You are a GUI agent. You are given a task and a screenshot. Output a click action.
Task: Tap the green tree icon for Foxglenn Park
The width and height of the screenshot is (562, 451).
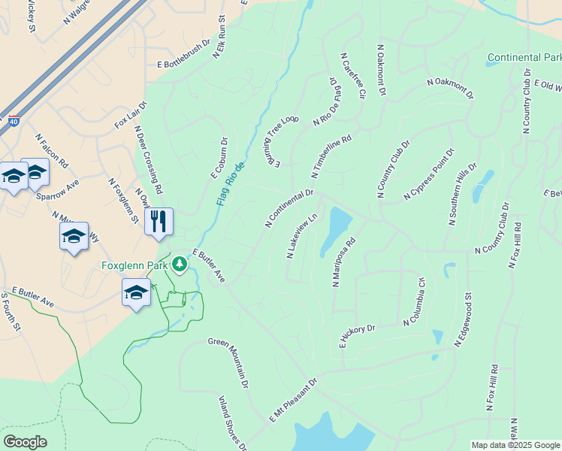pyautogui.click(x=180, y=264)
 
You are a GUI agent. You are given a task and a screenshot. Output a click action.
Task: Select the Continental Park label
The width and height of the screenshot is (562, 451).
pyautogui.click(x=524, y=57)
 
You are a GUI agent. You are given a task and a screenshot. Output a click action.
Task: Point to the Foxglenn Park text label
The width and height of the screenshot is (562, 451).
pyautogui.click(x=134, y=265)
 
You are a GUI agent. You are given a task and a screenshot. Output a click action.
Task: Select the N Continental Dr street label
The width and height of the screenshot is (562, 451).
pyautogui.click(x=289, y=208)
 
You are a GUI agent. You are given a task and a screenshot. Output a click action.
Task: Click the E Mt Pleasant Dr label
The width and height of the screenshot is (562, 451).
pyautogui.click(x=294, y=399)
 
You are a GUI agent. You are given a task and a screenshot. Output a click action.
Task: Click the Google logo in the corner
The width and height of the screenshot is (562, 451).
pyautogui.click(x=25, y=442)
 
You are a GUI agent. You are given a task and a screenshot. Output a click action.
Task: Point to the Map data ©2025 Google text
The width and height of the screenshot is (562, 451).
pyautogui.click(x=515, y=445)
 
